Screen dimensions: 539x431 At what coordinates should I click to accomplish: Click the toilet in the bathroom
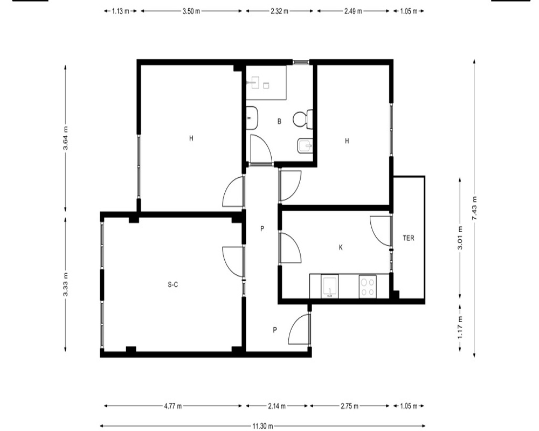(303, 119)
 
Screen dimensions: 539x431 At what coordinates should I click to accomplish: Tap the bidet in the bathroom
(305, 147)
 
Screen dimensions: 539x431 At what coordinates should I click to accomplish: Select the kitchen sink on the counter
(330, 286)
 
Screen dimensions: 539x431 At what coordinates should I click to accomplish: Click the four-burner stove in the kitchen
(368, 287)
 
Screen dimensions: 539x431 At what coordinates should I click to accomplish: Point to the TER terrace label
(409, 238)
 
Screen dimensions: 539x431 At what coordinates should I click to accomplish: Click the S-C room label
(173, 284)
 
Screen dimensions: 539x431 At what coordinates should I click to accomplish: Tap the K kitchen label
(341, 247)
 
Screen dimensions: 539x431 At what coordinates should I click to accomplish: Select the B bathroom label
(279, 121)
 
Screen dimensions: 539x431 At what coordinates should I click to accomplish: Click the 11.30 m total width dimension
(263, 426)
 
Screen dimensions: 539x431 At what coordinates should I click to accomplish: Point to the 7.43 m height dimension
(474, 208)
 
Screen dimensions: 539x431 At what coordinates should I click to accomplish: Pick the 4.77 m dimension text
(173, 406)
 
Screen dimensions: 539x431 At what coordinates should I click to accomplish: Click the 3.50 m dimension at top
(191, 11)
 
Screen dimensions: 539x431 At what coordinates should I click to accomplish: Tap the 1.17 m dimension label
(460, 327)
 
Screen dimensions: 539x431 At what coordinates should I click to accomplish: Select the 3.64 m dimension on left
(65, 138)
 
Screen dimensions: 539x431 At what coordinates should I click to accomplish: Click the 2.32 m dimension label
(279, 11)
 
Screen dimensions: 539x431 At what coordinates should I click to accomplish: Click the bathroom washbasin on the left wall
(252, 118)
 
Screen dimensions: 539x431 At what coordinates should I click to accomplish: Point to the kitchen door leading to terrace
(381, 231)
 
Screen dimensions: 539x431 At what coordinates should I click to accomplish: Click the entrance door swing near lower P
(299, 329)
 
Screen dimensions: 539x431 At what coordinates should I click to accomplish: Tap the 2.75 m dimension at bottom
(350, 406)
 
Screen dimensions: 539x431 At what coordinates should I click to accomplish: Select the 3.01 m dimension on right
(460, 238)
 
